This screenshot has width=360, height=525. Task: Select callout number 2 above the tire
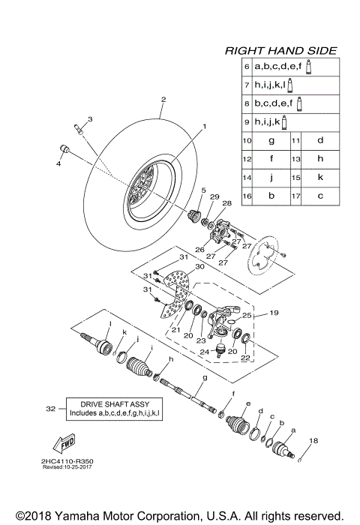tap(163, 99)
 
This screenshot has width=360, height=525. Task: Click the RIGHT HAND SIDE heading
tap(281, 51)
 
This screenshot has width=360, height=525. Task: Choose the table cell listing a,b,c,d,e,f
tap(279, 66)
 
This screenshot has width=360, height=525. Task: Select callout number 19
tap(274, 313)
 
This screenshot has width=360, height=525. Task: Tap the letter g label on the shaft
tap(204, 379)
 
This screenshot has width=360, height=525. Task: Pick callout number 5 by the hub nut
tap(203, 191)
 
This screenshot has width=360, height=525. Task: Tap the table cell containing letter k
tap(320, 177)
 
